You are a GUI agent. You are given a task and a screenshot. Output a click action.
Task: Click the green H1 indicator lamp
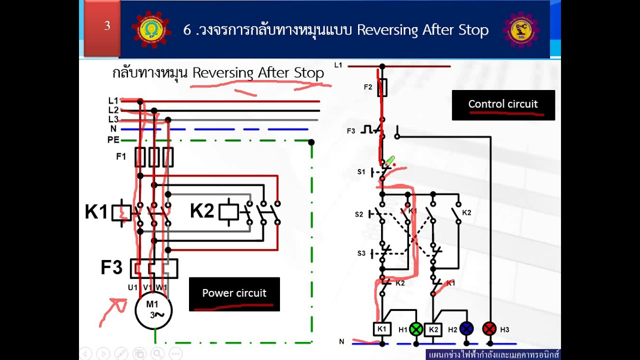(416, 329)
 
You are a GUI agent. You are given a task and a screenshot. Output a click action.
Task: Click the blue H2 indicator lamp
(466, 328)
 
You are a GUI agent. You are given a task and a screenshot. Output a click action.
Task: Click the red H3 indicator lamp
(489, 328)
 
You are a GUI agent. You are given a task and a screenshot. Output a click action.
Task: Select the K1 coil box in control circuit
(382, 329)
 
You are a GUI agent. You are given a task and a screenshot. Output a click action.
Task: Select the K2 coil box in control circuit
(433, 329)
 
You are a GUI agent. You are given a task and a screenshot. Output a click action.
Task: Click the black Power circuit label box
(234, 294)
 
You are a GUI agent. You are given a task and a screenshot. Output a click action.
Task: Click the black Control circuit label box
(503, 105)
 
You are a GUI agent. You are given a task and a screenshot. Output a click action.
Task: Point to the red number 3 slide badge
(102, 28)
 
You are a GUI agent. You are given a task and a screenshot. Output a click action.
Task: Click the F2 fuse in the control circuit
(382, 87)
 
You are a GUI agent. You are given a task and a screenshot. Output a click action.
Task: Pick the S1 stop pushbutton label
(361, 172)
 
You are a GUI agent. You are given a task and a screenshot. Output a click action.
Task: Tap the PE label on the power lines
(113, 140)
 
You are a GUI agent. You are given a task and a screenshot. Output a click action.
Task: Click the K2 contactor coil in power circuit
(228, 211)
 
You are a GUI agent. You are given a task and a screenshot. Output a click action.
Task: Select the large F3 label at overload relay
(111, 267)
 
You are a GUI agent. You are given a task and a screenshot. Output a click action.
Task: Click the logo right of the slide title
(520, 29)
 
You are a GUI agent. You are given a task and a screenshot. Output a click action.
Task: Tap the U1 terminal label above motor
(132, 287)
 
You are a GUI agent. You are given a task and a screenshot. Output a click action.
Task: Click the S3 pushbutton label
(361, 253)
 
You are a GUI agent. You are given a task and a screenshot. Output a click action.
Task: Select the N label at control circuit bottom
(341, 341)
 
